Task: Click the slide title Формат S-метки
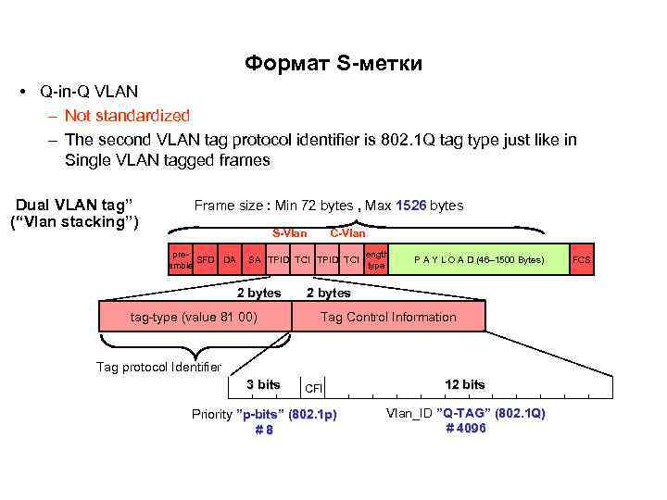click(333, 64)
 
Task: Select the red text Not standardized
click(127, 116)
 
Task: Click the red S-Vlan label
click(289, 232)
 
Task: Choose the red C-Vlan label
click(347, 232)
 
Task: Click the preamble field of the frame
click(181, 259)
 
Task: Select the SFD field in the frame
click(206, 259)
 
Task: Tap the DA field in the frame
click(230, 259)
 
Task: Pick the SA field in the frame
click(254, 259)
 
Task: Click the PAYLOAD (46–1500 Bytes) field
click(478, 259)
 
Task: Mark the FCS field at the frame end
click(581, 259)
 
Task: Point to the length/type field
click(375, 259)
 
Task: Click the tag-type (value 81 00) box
click(194, 317)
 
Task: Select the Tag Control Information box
click(388, 317)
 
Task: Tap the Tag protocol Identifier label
click(158, 367)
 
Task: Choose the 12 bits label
click(464, 384)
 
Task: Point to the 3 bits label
click(262, 384)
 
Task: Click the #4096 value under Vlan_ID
click(465, 428)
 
